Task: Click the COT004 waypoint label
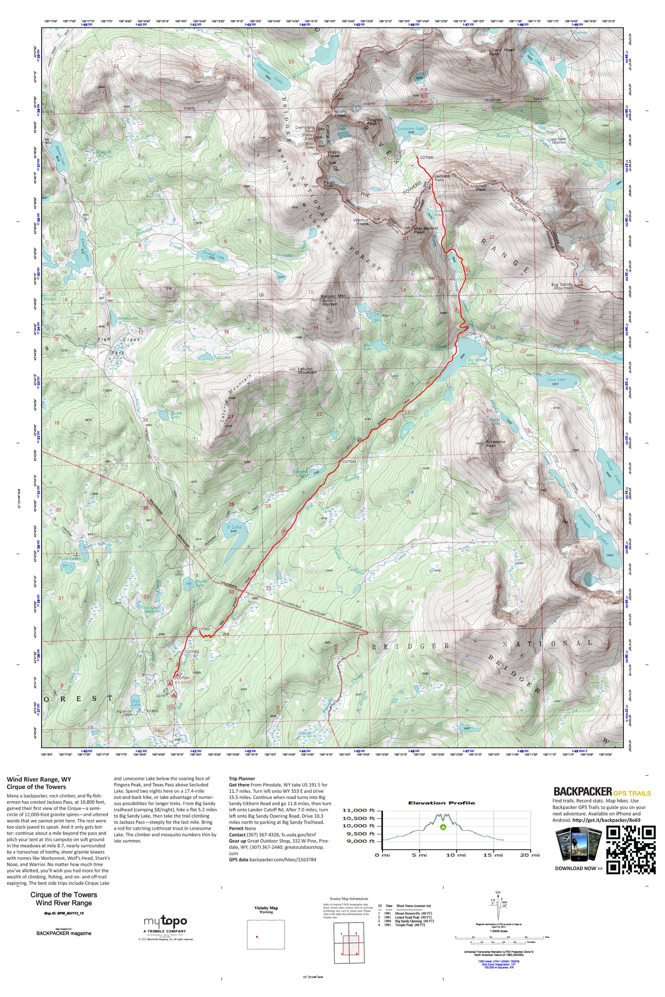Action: tap(349, 461)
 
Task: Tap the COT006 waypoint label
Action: tap(426, 158)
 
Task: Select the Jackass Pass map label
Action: tap(442, 178)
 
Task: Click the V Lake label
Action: tap(234, 527)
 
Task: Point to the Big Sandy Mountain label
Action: tap(563, 286)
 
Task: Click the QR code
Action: tap(630, 850)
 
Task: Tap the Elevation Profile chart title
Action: tap(441, 803)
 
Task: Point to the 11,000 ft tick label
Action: tap(359, 811)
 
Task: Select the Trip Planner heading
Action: tap(242, 779)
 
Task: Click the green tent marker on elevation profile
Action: tap(442, 827)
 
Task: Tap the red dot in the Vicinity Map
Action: tap(257, 936)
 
